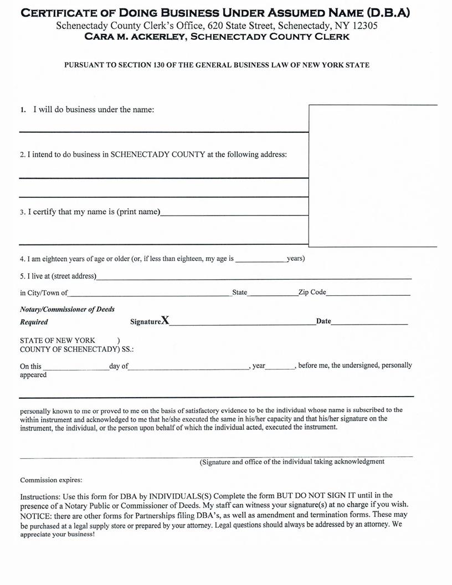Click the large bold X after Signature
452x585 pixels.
coord(165,321)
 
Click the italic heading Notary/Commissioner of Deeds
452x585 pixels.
coord(67,309)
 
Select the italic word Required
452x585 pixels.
coord(34,322)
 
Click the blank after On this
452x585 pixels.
coord(75,368)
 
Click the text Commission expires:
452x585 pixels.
coord(51,480)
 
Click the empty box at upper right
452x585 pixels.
coord(372,175)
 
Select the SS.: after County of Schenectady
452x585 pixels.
coord(127,350)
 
